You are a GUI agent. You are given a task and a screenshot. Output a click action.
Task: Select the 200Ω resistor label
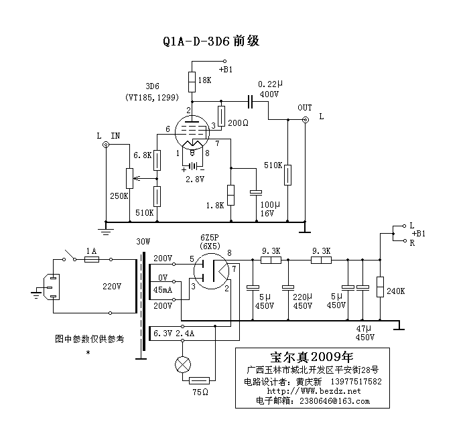237,124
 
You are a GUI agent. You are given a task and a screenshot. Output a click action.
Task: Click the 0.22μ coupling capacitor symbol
250,102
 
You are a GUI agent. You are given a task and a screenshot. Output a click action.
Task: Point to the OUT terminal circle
306,120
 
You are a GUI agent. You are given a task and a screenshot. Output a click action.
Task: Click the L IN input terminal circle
105,145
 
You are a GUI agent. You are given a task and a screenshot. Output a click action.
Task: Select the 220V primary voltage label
113,286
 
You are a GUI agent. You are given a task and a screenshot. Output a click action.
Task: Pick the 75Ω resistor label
200,390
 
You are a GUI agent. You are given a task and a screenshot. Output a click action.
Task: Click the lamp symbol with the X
182,364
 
